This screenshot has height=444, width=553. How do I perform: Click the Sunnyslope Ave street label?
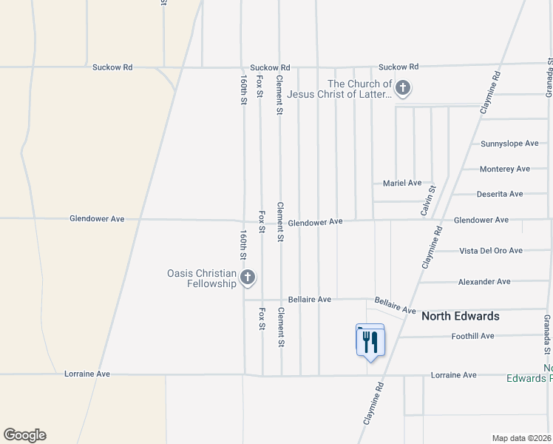[x=509, y=144]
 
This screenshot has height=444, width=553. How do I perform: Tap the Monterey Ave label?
[x=504, y=169]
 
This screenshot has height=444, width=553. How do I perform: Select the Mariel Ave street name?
[x=401, y=183]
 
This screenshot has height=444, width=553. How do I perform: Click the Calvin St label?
[x=427, y=201]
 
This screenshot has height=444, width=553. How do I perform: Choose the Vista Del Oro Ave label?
[x=491, y=251]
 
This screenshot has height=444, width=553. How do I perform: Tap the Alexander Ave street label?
[x=484, y=282]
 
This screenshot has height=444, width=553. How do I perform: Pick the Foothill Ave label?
[x=472, y=336]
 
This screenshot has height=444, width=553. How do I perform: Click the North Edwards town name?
[x=460, y=316]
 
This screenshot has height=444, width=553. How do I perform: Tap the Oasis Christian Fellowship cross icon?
[x=248, y=278]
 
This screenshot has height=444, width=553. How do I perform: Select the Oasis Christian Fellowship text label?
[x=201, y=279]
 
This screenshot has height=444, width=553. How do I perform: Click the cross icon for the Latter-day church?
[x=403, y=90]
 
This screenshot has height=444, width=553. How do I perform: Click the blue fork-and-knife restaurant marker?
[x=370, y=342]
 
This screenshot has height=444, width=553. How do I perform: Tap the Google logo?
[x=24, y=435]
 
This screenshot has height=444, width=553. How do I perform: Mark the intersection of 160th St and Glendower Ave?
[x=244, y=220]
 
